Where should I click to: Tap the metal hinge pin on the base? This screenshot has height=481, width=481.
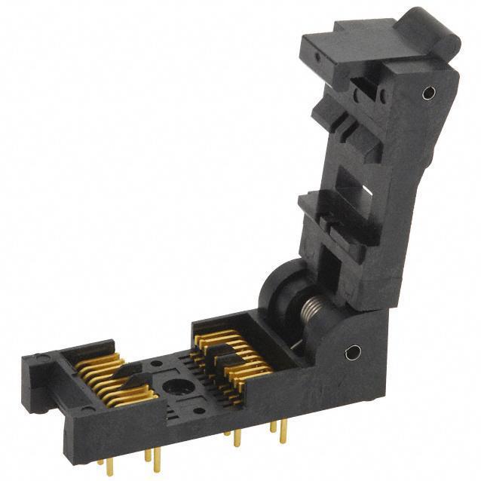351,352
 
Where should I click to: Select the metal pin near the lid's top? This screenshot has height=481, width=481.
429,93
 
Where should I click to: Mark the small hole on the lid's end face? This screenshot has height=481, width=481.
316,57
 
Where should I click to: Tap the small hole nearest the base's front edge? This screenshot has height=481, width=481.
198,411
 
